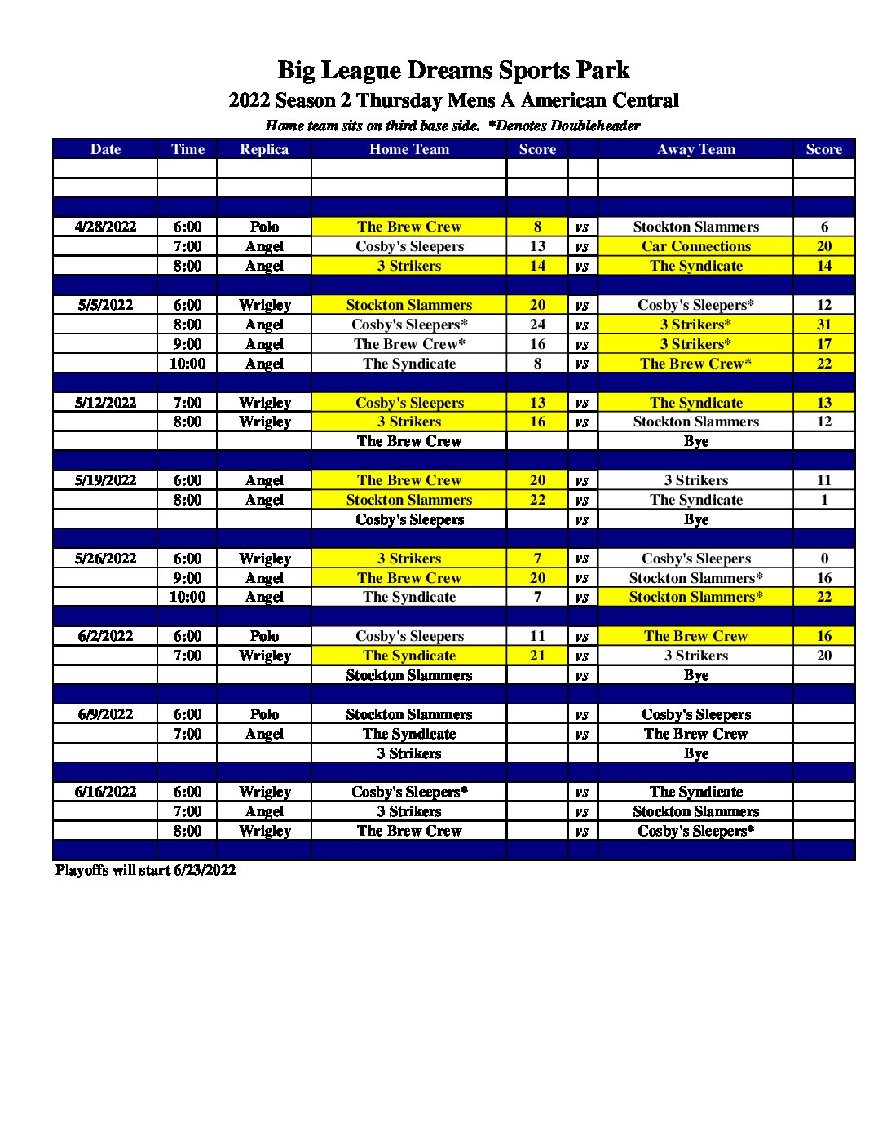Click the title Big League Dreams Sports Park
[x=453, y=70]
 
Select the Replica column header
[x=264, y=149]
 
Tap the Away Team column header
[x=695, y=149]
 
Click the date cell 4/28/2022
[x=105, y=227]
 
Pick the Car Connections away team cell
[x=695, y=246]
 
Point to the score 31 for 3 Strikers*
[x=823, y=325]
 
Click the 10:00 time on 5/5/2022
[x=187, y=364]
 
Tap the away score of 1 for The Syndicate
[x=823, y=500]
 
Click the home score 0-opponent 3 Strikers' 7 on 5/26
[x=537, y=559]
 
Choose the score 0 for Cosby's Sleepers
[x=823, y=559]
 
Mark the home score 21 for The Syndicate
[x=537, y=656]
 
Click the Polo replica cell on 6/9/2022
[x=264, y=714]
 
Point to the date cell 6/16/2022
[x=105, y=792]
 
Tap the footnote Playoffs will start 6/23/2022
[x=145, y=870]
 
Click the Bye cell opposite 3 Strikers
[x=695, y=753]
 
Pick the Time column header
[x=187, y=149]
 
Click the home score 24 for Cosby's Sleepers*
[x=537, y=325]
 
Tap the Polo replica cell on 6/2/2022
[x=264, y=636]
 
